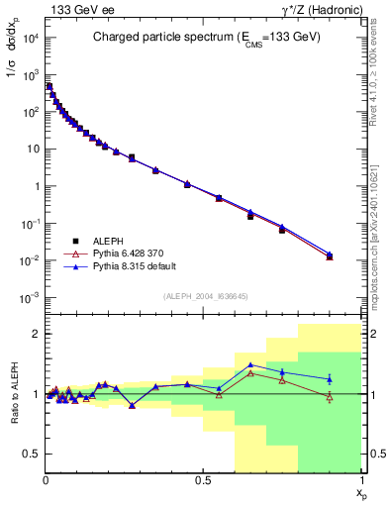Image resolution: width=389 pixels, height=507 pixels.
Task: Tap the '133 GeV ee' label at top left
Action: point(74,8)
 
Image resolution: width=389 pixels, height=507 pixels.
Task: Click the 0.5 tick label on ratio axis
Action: point(33,454)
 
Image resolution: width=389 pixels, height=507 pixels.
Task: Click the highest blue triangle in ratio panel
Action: point(250,365)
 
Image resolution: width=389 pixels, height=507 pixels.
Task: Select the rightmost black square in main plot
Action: point(330,256)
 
